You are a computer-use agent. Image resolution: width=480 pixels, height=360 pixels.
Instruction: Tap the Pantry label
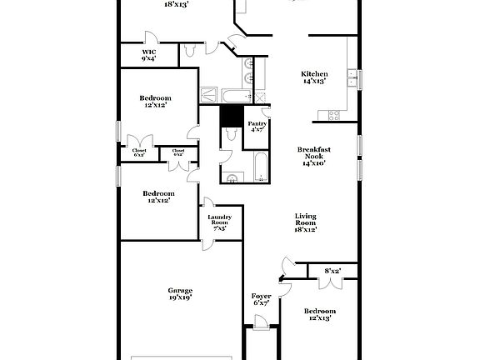click(x=257, y=123)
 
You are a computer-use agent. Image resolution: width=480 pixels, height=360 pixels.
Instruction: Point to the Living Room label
click(x=306, y=219)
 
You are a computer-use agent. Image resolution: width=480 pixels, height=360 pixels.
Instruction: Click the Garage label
click(x=181, y=290)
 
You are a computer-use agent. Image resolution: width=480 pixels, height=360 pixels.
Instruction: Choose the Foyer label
click(x=261, y=296)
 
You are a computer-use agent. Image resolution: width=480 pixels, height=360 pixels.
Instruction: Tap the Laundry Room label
click(x=219, y=219)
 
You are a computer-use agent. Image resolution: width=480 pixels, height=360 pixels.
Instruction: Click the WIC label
click(x=147, y=52)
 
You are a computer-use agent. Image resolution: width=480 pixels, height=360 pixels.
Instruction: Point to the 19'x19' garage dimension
click(x=181, y=297)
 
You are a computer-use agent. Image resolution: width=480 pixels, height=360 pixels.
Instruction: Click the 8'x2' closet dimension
click(x=332, y=270)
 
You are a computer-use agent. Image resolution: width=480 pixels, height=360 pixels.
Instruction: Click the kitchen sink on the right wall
click(x=353, y=79)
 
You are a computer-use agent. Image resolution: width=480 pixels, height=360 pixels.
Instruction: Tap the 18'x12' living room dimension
click(x=306, y=228)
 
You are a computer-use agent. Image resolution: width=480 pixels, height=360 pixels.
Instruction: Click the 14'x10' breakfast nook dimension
click(x=313, y=163)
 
